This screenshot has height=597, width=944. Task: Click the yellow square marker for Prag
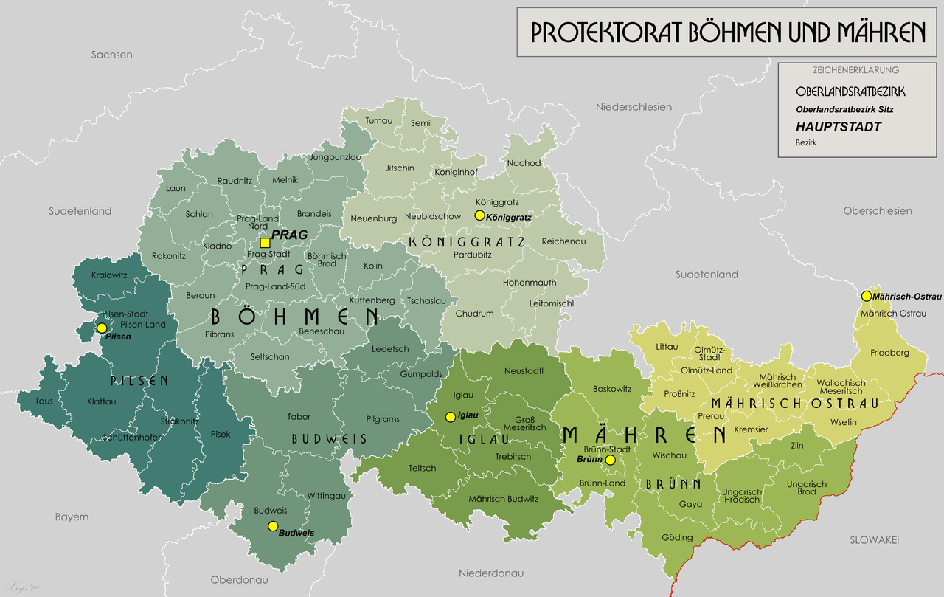tap(264, 243)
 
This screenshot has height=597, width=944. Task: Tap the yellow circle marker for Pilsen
tap(102, 328)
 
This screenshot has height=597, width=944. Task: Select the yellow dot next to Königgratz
tap(479, 215)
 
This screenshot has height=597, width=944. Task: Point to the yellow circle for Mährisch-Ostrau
tap(866, 296)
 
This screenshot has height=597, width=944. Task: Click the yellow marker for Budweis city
tap(273, 526)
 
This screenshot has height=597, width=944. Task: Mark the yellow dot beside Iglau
tap(450, 417)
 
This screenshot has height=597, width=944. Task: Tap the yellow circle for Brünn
tap(610, 460)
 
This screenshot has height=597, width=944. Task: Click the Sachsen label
tap(111, 55)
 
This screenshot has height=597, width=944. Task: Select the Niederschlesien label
tap(634, 107)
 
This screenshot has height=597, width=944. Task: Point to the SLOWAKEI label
tap(874, 540)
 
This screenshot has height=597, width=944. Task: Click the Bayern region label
tap(72, 517)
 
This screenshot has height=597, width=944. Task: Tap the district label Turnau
tap(379, 120)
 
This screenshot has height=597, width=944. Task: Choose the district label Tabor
tap(299, 417)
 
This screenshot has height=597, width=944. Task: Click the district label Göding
tap(677, 537)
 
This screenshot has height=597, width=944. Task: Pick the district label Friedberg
tap(889, 353)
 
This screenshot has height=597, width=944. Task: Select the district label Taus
tap(44, 401)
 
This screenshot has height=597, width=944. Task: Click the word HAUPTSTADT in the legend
tap(839, 127)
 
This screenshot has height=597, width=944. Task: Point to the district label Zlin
tap(796, 446)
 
